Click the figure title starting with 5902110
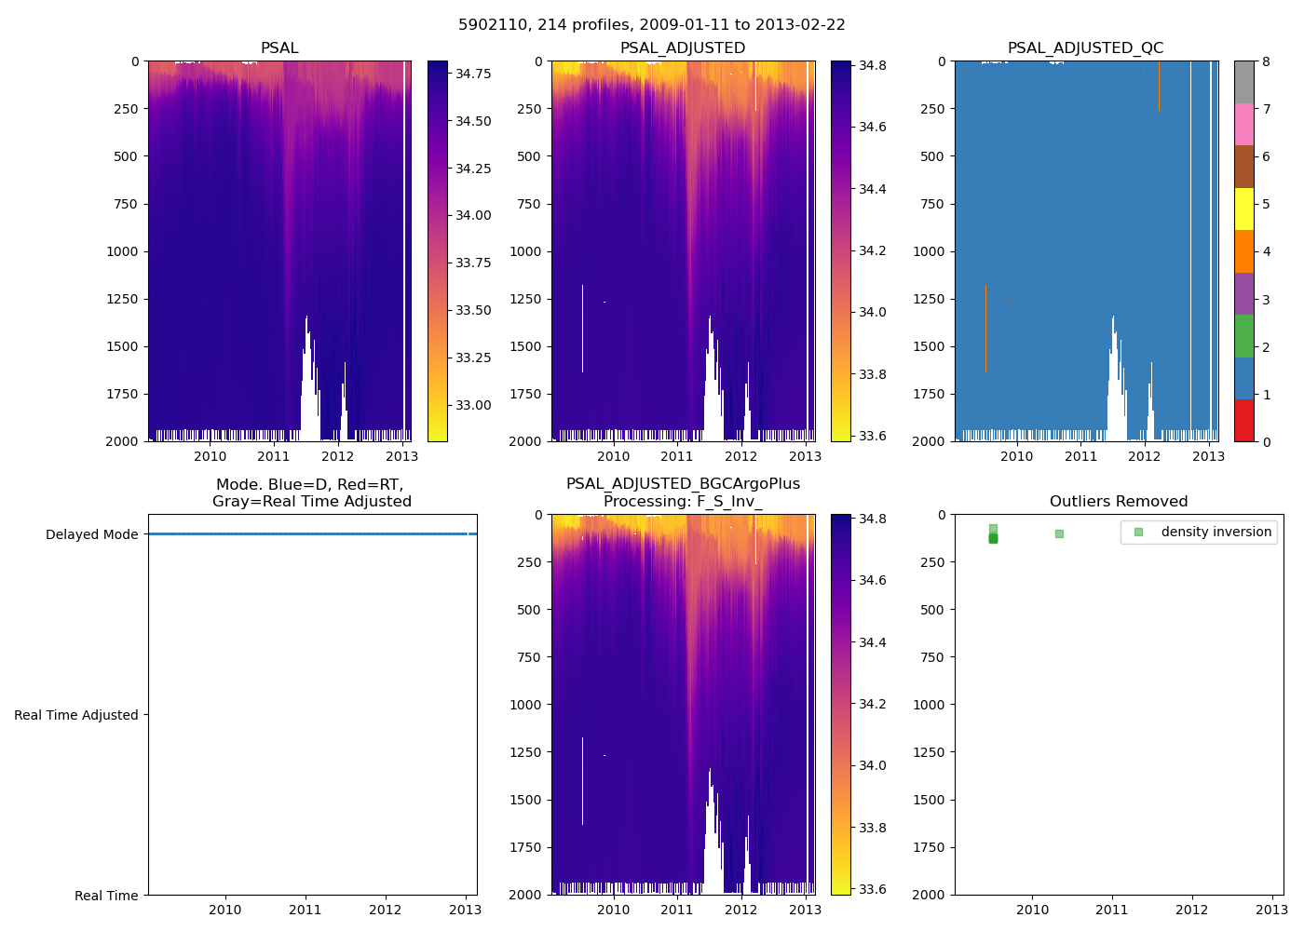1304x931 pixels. [x=651, y=25]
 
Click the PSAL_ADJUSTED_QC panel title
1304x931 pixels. [x=1085, y=48]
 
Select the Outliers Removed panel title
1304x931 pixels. [x=1118, y=502]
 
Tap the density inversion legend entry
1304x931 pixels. [x=1216, y=532]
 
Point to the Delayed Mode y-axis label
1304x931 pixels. [x=91, y=534]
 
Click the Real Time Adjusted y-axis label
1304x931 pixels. [x=75, y=715]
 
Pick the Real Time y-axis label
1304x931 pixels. [x=106, y=896]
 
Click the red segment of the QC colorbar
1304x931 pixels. [x=1243, y=420]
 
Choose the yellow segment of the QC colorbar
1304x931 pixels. [x=1243, y=209]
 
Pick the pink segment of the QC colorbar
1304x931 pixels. [x=1243, y=124]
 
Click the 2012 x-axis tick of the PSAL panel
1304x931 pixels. [x=337, y=456]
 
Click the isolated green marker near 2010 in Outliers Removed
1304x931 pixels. [x=1059, y=533]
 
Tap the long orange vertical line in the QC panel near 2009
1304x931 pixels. [x=985, y=326]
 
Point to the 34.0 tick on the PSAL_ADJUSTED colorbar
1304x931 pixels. [x=872, y=313]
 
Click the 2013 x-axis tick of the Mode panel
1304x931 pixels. [x=465, y=910]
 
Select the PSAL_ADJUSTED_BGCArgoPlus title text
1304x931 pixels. [x=683, y=484]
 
